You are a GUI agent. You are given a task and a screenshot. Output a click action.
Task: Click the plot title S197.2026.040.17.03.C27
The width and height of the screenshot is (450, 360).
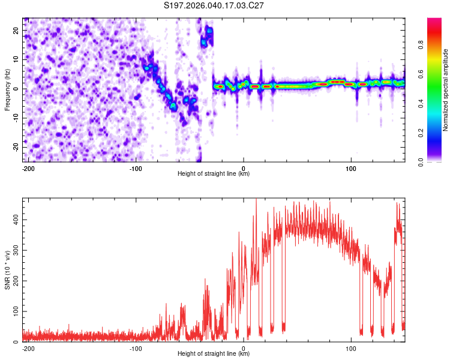point(214,5)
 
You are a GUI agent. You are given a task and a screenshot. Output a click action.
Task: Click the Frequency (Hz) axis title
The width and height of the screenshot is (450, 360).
point(7,90)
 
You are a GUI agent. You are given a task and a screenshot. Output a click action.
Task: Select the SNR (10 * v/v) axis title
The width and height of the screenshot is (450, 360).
point(7,270)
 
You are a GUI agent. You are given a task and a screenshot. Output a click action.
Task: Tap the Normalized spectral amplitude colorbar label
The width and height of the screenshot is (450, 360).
point(445,90)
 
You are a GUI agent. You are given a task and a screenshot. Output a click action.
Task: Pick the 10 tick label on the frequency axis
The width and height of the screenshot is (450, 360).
point(16,59)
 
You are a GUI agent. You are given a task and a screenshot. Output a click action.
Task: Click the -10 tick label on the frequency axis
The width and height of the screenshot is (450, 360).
point(16,118)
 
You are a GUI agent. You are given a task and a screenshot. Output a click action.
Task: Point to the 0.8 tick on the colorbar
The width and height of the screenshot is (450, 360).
point(421,45)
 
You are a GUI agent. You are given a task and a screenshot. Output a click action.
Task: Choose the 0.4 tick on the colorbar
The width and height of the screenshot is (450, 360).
point(421,104)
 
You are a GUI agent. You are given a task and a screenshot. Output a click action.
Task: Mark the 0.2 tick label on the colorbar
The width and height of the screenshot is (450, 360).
point(421,133)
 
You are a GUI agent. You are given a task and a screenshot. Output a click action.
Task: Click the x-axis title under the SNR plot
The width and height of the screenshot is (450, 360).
point(214,353)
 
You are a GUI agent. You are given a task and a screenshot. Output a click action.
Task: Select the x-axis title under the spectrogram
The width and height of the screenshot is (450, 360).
point(214,173)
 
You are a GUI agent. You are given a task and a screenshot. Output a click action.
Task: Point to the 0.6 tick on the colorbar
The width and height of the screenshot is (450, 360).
point(421,74)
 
